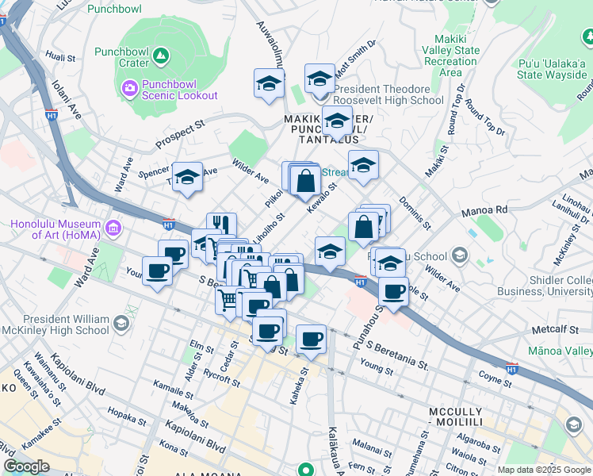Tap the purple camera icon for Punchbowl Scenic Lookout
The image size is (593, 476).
click(128, 88)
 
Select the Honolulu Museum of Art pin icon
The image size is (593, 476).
click(113, 229)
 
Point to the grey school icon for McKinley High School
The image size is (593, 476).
click(120, 323)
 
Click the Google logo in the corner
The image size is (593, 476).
click(27, 466)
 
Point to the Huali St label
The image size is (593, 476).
click(60, 56)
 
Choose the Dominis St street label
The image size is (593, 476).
click(415, 213)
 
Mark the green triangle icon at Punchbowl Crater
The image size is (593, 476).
click(161, 56)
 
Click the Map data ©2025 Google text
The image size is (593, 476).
click(543, 469)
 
